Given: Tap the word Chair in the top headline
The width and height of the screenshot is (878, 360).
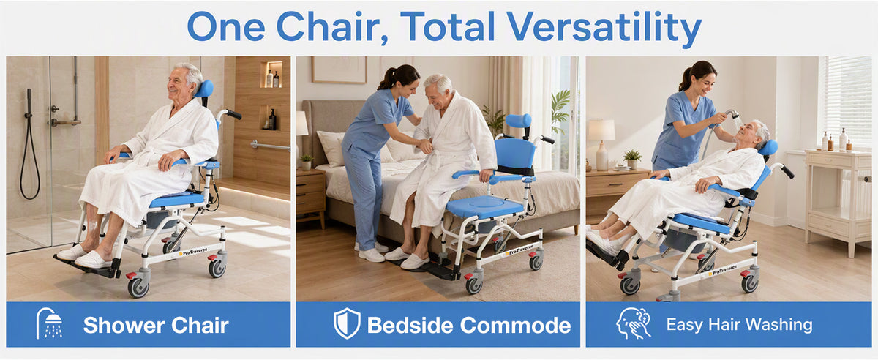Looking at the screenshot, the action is click(332, 26).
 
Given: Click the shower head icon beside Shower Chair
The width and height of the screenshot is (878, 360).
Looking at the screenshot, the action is click(49, 323).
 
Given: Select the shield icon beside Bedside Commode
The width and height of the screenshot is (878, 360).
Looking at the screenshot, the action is click(347, 323).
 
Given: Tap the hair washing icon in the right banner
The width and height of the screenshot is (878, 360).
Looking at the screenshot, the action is click(633, 323).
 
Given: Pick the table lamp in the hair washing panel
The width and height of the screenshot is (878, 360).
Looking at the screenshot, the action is click(601, 144).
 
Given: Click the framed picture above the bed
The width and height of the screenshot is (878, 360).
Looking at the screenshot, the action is click(339, 70).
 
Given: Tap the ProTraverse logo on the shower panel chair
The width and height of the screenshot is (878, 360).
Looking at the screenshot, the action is click(195, 252).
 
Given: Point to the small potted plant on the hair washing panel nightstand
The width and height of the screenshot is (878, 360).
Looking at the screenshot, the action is click(632, 159).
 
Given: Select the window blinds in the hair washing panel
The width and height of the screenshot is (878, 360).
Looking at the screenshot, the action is click(848, 101).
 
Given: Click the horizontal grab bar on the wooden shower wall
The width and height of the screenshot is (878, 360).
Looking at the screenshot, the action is click(270, 146).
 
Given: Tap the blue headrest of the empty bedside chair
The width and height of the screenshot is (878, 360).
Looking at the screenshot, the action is click(518, 121).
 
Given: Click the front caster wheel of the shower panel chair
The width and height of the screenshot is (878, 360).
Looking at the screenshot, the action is click(138, 287).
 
